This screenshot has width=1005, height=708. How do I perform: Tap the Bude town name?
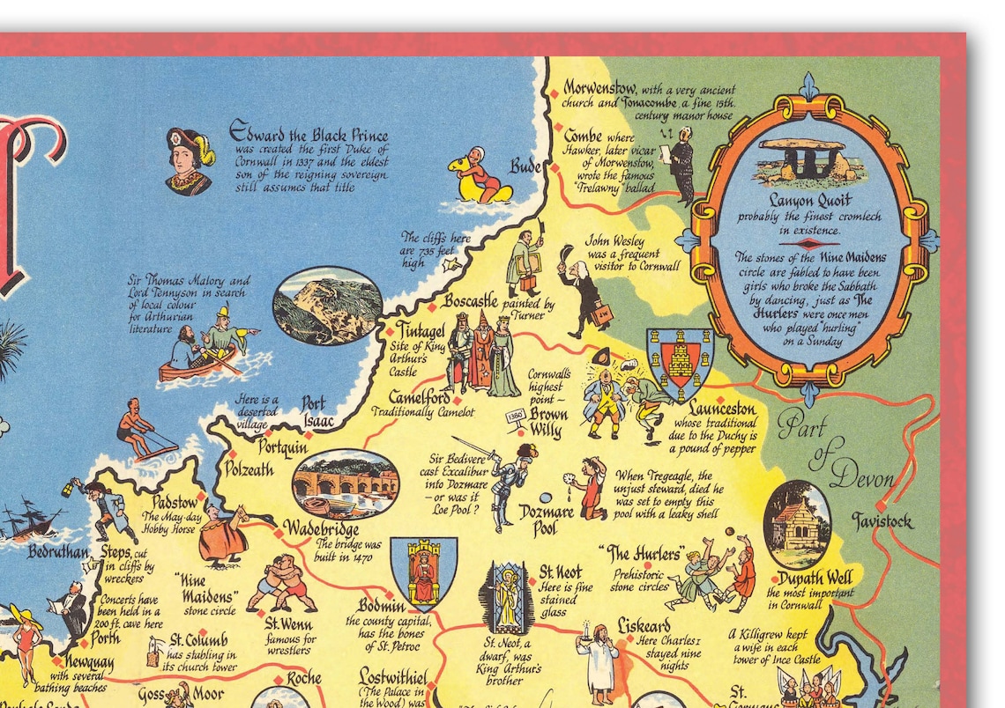[526, 166]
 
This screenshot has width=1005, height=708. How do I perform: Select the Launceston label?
[722, 409]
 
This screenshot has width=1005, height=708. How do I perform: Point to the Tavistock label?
[882, 520]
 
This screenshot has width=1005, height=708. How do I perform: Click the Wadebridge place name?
[320, 530]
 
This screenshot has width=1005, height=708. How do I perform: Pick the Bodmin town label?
[382, 607]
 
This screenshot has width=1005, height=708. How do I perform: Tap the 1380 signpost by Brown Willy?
[516, 416]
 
